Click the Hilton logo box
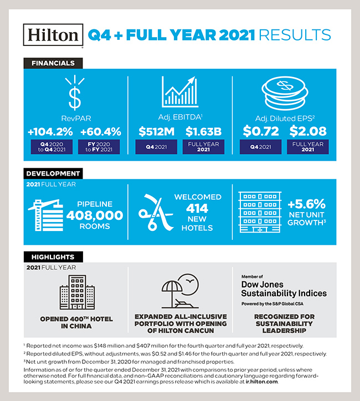[53, 35]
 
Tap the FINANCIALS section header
[49, 63]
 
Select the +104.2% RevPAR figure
[50, 133]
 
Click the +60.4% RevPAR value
[100, 133]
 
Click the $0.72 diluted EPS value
[260, 133]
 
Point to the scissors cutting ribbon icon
[156, 213]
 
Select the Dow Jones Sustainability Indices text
[284, 289]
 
